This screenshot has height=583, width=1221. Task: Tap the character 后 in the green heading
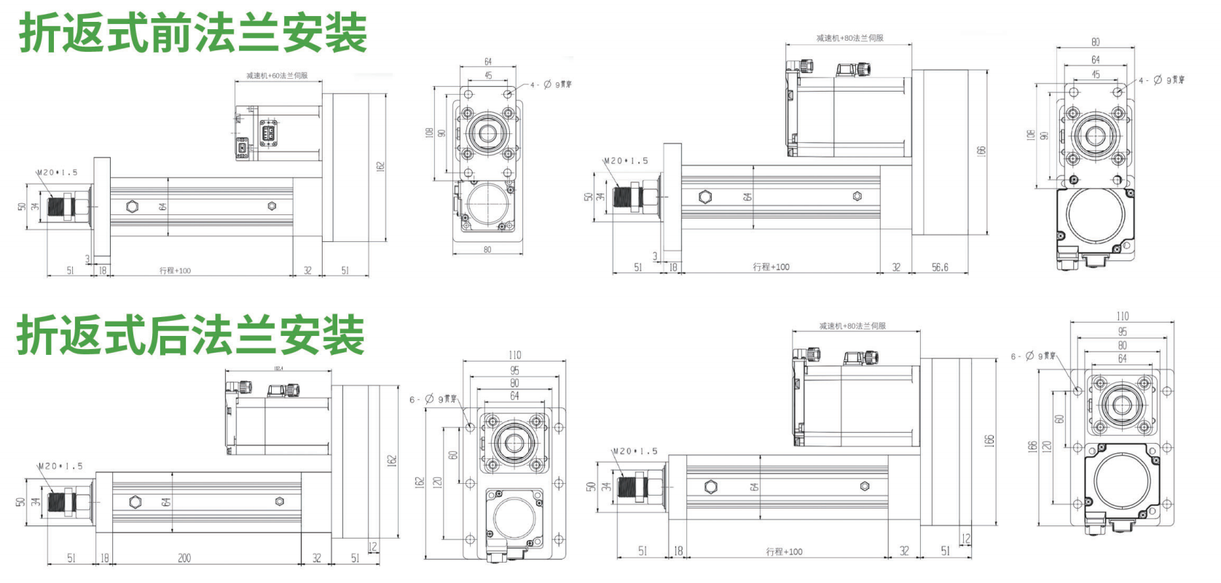(169, 335)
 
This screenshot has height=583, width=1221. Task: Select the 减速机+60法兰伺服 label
(277, 76)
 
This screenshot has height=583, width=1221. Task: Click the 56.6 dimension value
(940, 267)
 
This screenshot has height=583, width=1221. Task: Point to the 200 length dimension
(184, 558)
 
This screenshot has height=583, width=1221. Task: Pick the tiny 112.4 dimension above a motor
(278, 369)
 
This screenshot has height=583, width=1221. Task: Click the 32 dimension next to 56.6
(896, 267)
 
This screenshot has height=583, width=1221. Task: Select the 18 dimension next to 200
(104, 558)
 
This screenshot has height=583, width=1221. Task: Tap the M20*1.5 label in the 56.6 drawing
(626, 161)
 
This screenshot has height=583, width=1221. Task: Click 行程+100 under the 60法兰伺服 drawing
(176, 270)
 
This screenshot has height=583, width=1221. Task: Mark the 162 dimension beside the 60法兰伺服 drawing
(380, 167)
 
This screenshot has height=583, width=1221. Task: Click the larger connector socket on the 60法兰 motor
(267, 133)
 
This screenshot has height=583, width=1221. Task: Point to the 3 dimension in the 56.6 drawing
(655, 256)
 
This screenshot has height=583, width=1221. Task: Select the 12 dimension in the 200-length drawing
(373, 546)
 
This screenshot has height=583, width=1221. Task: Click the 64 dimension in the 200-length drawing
(166, 502)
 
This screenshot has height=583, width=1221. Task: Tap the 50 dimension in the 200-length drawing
(20, 501)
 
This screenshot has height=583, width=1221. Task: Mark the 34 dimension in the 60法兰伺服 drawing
(35, 206)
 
